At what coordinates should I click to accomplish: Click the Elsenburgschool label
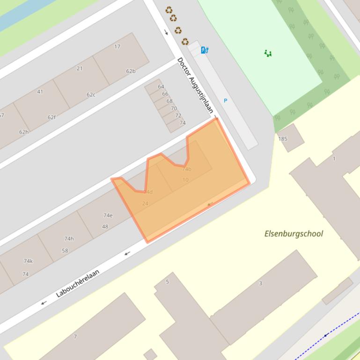click(294, 233)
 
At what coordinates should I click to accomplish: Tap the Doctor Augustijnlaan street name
click(195, 86)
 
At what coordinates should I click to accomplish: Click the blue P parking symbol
click(225, 101)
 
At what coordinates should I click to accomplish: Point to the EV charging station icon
click(204, 50)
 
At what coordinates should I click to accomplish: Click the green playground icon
click(268, 53)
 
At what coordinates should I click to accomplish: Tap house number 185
click(283, 139)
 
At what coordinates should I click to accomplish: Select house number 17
click(117, 47)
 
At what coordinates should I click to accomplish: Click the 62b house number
click(131, 71)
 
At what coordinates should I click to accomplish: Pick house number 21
click(80, 68)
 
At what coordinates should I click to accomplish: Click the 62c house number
click(91, 94)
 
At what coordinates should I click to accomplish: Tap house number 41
click(40, 92)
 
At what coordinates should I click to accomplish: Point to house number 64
click(161, 86)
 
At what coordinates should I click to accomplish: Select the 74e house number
click(108, 216)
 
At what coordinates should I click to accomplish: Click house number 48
click(105, 227)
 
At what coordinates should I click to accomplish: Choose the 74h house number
click(69, 239)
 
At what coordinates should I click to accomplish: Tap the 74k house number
click(28, 261)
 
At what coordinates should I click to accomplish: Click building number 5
click(167, 281)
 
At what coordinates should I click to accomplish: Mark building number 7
click(75, 336)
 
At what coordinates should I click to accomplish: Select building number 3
click(260, 283)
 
